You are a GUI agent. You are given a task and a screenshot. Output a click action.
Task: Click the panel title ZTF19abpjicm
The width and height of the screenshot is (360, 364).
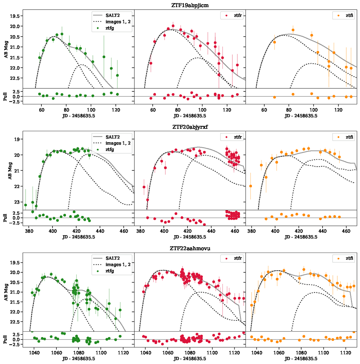click(x=190, y=5)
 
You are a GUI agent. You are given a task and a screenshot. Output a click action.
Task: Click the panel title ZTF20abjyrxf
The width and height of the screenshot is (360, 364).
click(x=190, y=127)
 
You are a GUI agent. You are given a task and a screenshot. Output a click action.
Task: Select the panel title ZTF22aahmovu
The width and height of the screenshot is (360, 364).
click(x=190, y=248)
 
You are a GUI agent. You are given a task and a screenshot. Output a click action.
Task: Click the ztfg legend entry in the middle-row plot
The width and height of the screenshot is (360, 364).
click(x=109, y=149)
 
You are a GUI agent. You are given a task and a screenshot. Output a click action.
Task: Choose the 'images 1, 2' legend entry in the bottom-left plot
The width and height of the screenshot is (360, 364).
click(x=118, y=265)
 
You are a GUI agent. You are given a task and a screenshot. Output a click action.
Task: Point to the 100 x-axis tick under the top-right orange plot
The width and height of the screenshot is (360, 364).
click(x=313, y=110)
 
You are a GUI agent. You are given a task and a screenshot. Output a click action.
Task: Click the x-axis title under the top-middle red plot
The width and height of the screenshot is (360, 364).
click(x=190, y=116)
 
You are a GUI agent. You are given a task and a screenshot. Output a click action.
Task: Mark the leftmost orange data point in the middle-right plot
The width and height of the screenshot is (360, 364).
click(x=250, y=186)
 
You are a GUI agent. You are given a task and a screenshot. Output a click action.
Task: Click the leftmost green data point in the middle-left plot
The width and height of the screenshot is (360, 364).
click(x=25, y=205)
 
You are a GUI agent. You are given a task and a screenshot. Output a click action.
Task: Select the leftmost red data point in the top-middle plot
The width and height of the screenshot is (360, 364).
click(x=151, y=63)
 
